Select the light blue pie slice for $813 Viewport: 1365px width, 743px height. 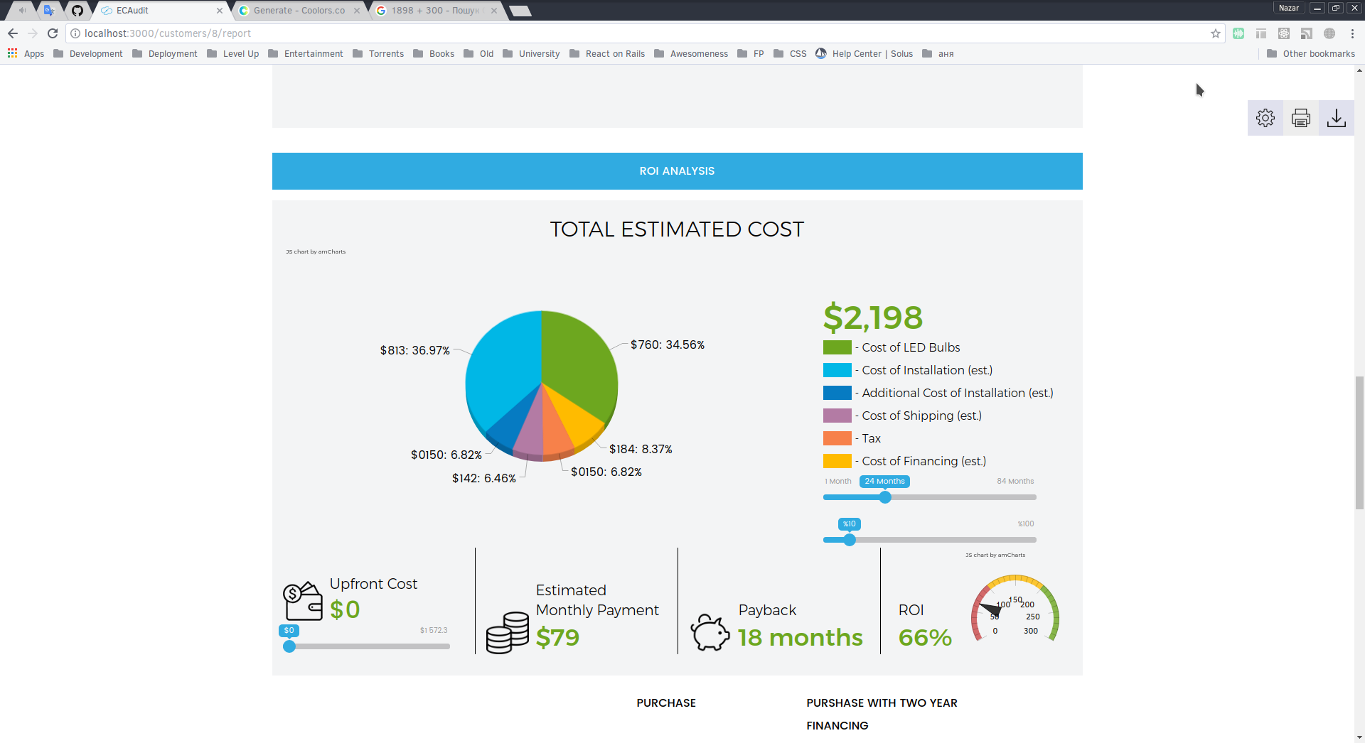[501, 369]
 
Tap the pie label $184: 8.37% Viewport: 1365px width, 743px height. [641, 449]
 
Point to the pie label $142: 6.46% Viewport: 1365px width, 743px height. [484, 478]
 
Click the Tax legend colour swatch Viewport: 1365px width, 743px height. [837, 438]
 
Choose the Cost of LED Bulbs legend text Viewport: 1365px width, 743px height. [911, 347]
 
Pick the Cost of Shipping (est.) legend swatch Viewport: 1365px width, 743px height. [837, 416]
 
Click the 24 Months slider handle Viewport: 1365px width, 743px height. [885, 497]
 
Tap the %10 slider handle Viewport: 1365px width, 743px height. [850, 540]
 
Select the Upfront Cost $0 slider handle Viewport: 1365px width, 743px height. [289, 646]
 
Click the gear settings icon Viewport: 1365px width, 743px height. [1265, 118]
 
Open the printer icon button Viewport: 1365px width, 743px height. [1301, 118]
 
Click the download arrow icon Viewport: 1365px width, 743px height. [1337, 118]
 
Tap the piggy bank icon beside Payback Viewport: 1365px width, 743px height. [710, 631]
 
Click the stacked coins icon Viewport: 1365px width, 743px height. [508, 632]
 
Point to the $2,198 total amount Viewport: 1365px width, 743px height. [873, 318]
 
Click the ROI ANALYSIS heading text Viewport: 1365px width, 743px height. [677, 171]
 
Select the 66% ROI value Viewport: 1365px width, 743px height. [925, 637]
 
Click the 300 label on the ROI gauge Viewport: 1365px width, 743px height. [1031, 631]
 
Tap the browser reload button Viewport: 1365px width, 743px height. [53, 33]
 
